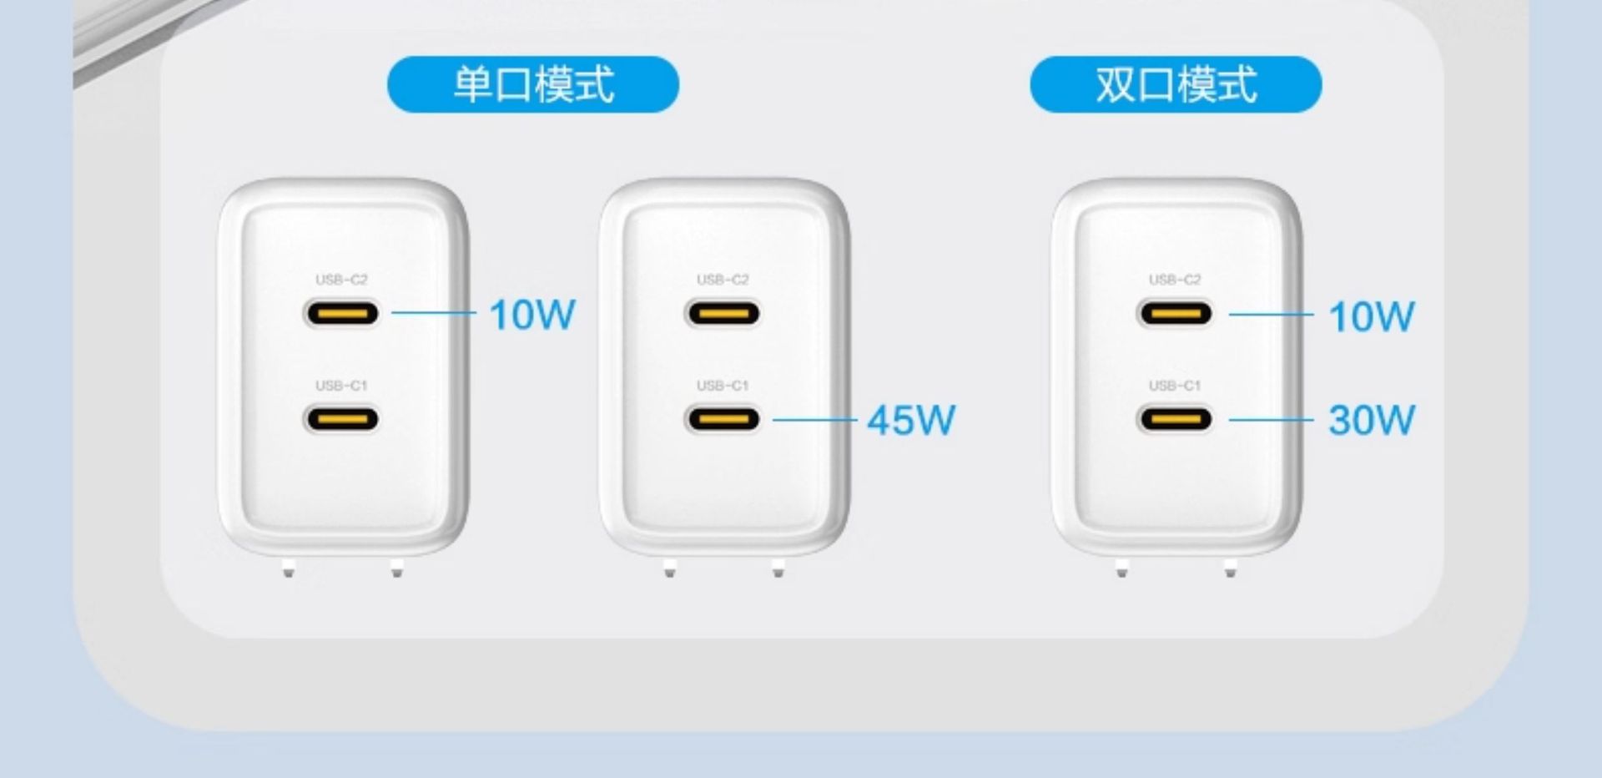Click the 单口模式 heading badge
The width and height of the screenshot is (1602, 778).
533,84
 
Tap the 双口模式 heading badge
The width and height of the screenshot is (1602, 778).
1176,84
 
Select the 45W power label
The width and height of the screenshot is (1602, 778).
910,420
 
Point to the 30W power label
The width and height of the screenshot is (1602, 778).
1371,420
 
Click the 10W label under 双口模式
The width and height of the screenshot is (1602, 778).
1371,316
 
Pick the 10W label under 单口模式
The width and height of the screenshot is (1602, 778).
532,315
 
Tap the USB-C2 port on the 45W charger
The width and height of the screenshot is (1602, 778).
723,314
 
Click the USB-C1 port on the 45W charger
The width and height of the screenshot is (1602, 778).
723,418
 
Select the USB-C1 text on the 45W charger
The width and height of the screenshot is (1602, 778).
723,386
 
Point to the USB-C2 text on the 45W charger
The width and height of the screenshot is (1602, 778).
723,280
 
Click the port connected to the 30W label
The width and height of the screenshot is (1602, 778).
1175,418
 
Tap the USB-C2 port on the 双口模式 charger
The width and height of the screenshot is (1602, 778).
1175,314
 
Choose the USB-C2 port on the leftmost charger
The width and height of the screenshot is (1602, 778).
341,314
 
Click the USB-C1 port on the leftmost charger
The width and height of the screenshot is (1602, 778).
341,418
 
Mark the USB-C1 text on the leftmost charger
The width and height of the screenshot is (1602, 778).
341,386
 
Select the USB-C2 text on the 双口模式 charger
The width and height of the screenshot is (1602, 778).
1175,280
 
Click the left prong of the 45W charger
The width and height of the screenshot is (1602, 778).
670,570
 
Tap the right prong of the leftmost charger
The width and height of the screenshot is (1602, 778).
397,570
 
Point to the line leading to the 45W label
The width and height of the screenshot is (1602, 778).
814,419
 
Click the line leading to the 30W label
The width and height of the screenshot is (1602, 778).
1271,419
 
